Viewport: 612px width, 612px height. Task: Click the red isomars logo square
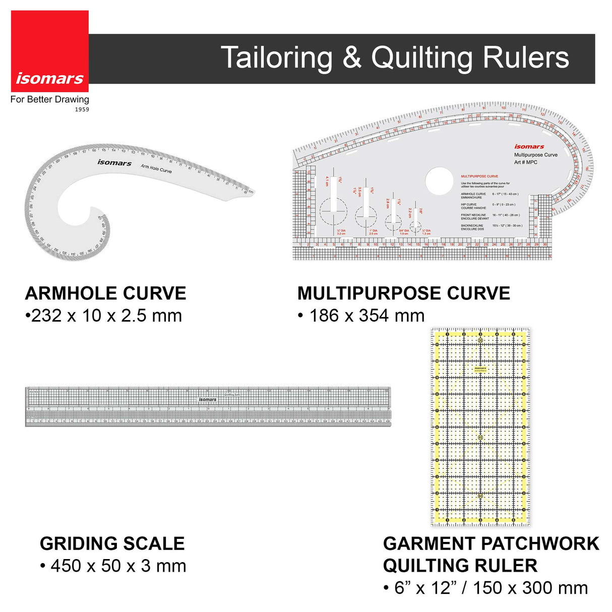tap(49, 50)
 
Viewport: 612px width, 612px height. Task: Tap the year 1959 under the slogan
tap(82, 109)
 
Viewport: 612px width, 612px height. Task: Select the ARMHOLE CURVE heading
tap(105, 293)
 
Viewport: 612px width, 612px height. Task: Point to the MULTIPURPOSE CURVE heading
tap(403, 293)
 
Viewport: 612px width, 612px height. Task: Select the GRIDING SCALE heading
tap(112, 543)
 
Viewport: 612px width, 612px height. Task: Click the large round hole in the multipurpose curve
tap(439, 181)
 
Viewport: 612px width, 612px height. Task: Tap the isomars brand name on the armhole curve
tap(114, 162)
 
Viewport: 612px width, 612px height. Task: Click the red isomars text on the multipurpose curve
tap(529, 147)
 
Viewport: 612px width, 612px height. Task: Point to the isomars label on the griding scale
tap(207, 399)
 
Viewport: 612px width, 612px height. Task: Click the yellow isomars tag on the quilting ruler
tap(480, 369)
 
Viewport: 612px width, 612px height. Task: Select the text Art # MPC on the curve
tap(525, 162)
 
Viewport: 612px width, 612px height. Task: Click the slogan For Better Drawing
tap(49, 99)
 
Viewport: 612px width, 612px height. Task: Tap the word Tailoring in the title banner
tap(276, 57)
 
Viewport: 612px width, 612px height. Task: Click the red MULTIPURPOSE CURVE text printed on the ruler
tap(479, 176)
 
